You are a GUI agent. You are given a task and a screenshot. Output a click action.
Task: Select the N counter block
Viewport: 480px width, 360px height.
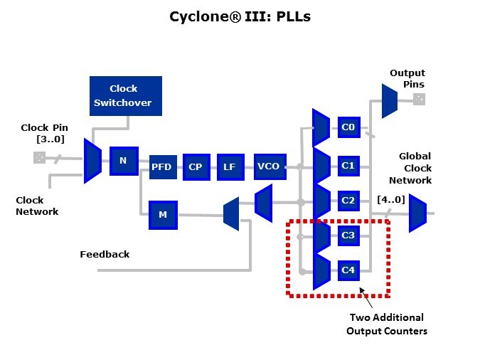pos(123,161)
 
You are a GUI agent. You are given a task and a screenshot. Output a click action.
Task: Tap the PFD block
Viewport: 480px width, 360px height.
pos(161,167)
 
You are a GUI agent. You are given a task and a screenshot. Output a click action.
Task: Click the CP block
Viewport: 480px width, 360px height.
pos(195,167)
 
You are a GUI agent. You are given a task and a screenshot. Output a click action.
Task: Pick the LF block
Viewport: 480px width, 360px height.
pos(229,167)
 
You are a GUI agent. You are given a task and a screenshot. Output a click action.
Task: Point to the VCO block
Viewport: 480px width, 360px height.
pos(268,167)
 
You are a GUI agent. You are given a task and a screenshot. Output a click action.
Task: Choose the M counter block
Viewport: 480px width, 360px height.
pos(162,215)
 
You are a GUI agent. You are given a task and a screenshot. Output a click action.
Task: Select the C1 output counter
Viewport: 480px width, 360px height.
pos(348,166)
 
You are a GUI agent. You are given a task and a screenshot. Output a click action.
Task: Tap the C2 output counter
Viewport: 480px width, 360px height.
pos(348,201)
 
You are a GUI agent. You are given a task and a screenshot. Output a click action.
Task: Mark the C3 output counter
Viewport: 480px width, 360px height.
pos(348,235)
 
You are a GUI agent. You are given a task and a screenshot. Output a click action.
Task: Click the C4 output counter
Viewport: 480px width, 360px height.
pos(348,270)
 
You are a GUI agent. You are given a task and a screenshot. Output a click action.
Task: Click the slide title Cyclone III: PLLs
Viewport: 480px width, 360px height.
pos(240,16)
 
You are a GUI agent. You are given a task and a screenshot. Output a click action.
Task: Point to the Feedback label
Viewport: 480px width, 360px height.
pos(105,254)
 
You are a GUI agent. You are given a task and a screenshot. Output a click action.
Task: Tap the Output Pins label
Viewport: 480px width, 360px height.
pos(407,79)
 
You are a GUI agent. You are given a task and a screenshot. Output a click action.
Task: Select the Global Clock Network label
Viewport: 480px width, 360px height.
pos(415,169)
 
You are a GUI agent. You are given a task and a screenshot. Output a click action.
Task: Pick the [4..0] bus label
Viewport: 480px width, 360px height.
pos(390,200)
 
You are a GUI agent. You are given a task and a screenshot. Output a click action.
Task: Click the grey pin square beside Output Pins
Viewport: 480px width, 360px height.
pos(419,100)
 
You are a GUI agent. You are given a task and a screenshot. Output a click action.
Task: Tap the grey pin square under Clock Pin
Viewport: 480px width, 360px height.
pos(39,158)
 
